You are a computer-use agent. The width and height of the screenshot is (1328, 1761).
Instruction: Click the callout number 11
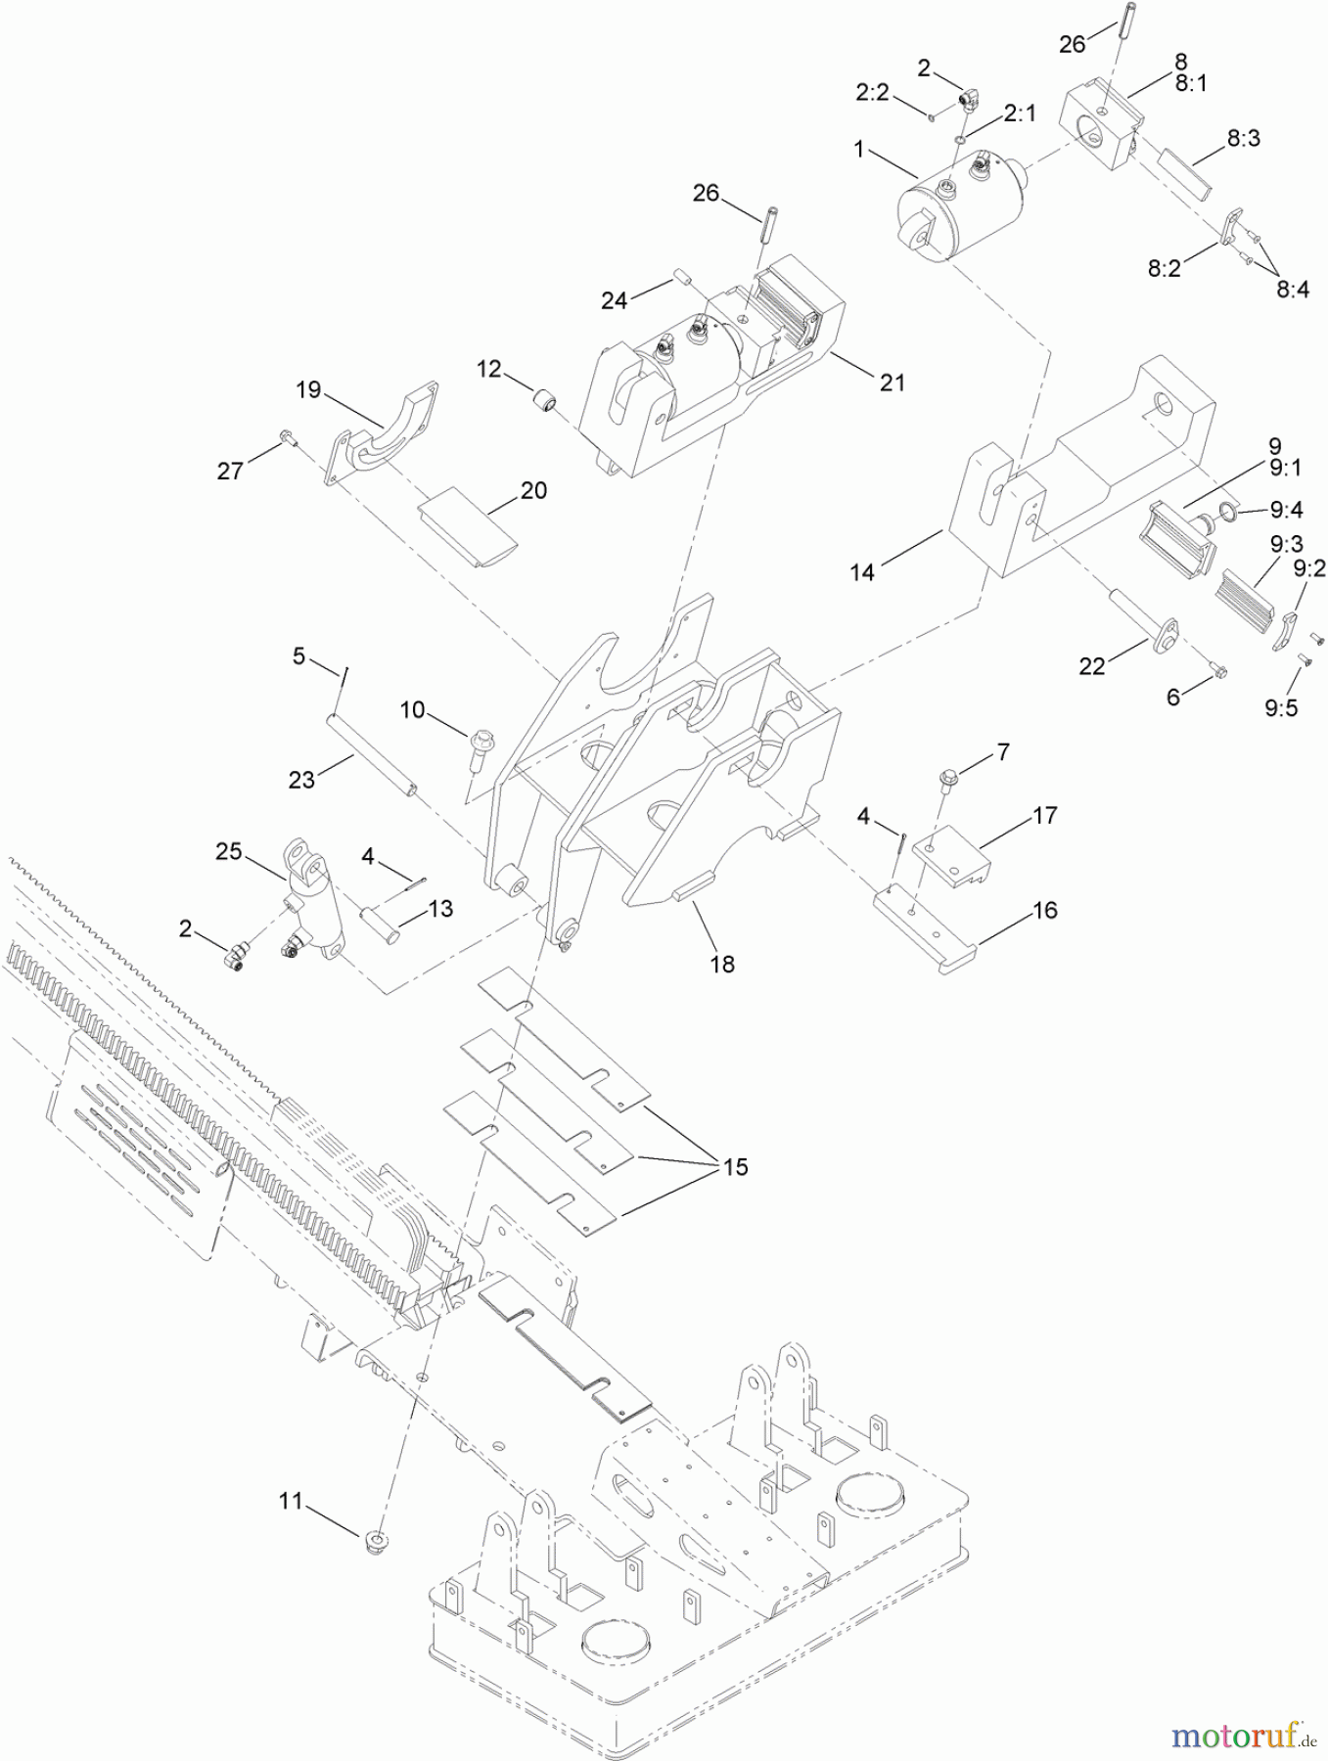291,1500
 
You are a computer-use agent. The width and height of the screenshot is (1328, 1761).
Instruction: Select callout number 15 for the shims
735,1166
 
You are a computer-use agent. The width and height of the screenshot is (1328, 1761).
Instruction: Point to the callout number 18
722,964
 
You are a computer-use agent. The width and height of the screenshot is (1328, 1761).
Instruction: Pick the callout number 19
308,390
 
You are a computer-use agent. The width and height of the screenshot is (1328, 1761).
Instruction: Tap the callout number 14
862,571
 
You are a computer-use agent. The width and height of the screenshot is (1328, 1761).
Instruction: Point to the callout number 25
229,851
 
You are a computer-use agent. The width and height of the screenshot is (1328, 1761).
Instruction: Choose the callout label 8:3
1243,138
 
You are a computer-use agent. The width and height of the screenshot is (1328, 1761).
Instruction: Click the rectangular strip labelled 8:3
1185,169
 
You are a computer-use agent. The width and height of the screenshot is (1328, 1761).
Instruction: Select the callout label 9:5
1281,707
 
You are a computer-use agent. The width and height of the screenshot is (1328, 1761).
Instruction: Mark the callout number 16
1045,910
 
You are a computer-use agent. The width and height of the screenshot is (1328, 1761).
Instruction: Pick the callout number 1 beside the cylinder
859,150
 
